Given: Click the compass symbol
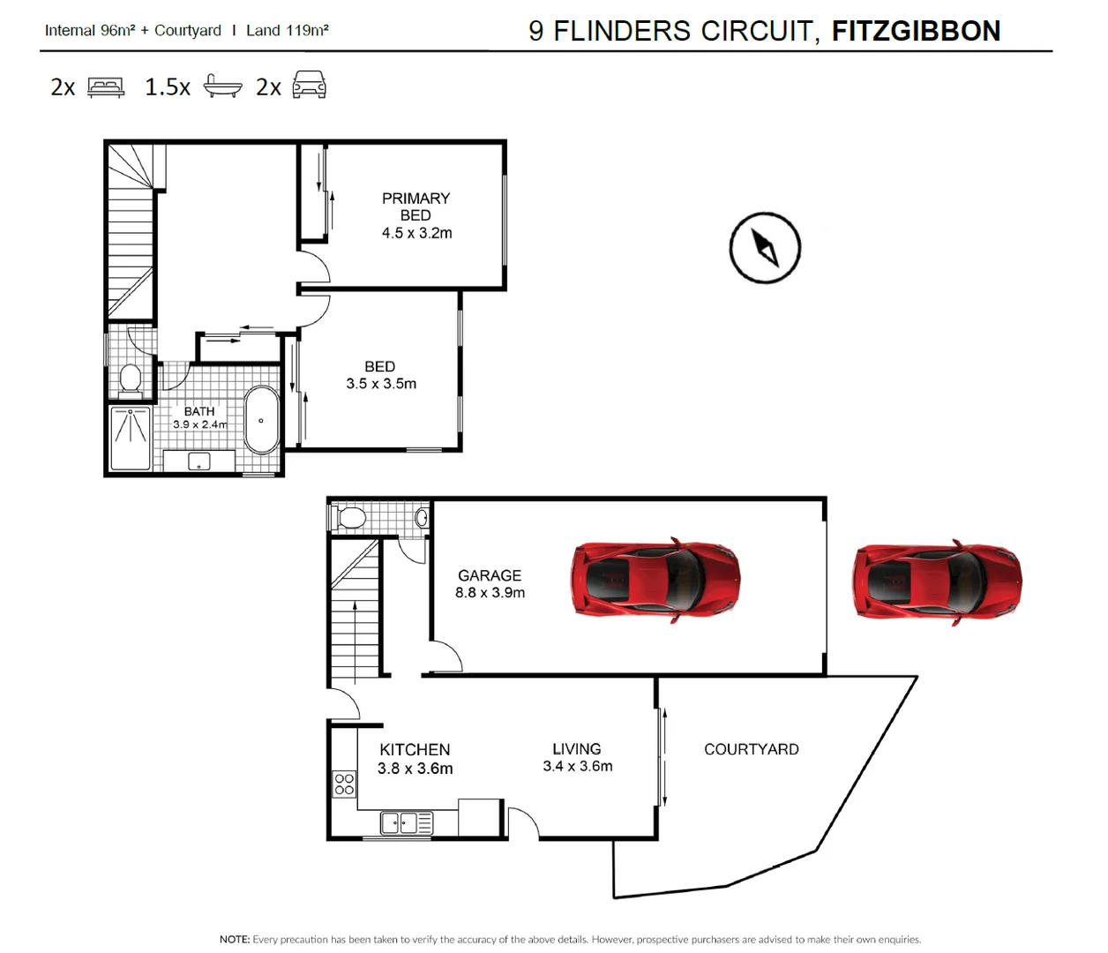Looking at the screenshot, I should [765, 248].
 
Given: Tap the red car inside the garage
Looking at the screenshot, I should [655, 581].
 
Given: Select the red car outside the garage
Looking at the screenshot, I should [937, 582].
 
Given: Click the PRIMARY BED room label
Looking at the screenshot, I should [415, 206].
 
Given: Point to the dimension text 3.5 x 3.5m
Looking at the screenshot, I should [381, 384].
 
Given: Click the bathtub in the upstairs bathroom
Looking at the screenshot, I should [261, 420].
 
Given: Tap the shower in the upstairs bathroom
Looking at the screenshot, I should [131, 438].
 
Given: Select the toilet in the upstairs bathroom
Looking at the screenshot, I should [131, 379].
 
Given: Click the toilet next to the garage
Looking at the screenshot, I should [351, 517].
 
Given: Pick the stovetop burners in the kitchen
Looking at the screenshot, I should [344, 784].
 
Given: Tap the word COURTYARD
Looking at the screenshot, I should [751, 749].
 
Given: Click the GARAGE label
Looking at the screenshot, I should [490, 575].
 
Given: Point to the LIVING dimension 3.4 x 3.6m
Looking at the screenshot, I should [578, 766].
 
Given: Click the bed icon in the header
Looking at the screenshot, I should [106, 86].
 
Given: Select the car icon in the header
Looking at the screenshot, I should [309, 85].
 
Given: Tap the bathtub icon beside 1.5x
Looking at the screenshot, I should [222, 86].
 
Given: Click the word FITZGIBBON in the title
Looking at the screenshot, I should [916, 31].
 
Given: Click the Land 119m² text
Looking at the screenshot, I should [288, 30].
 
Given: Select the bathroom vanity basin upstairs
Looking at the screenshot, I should [199, 461].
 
